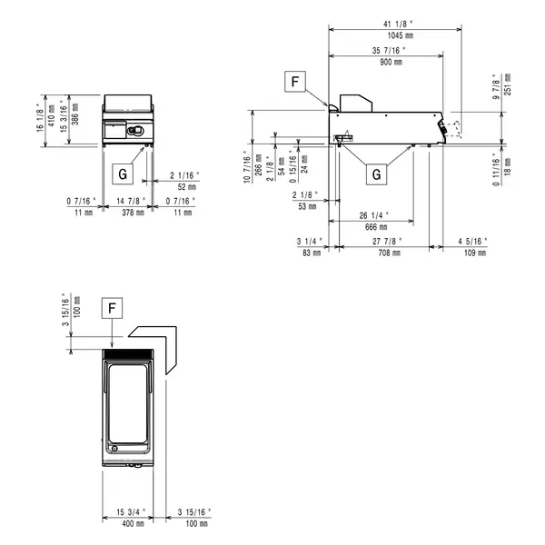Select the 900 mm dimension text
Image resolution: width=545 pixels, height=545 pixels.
pyautogui.click(x=392, y=62)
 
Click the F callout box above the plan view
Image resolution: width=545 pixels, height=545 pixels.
pyautogui.click(x=111, y=308)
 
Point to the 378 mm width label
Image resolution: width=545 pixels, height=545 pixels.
pyautogui.click(x=134, y=212)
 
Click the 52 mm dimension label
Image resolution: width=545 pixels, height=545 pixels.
pyautogui.click(x=185, y=186)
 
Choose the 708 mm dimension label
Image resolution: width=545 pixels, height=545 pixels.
pyautogui.click(x=390, y=253)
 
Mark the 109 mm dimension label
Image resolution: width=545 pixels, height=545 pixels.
pyautogui.click(x=473, y=253)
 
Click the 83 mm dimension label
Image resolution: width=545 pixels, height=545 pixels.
pyautogui.click(x=310, y=253)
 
